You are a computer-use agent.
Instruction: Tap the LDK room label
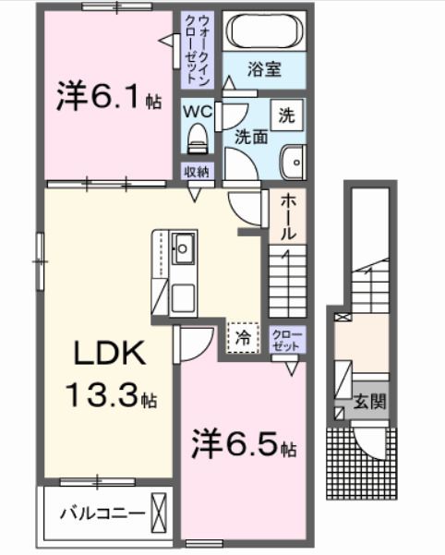tap(107, 353)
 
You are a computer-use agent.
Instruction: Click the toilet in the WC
tap(197, 139)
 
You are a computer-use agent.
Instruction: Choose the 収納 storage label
tap(196, 171)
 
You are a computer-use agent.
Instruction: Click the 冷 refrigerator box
tap(243, 338)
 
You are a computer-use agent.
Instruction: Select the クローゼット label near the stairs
tap(283, 339)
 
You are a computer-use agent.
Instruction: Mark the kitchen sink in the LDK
tap(183, 247)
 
